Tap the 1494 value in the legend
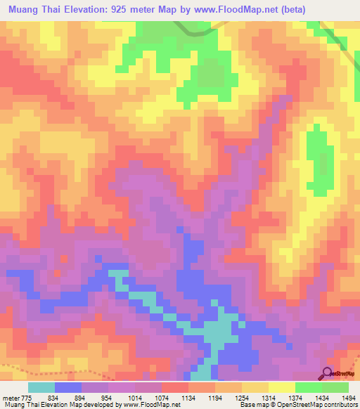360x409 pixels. pos(349,397)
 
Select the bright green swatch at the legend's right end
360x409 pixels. pos(335,387)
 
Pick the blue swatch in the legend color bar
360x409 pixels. pos(68,387)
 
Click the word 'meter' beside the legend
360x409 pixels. pos(11,397)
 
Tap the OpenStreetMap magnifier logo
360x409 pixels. pos(328,372)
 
